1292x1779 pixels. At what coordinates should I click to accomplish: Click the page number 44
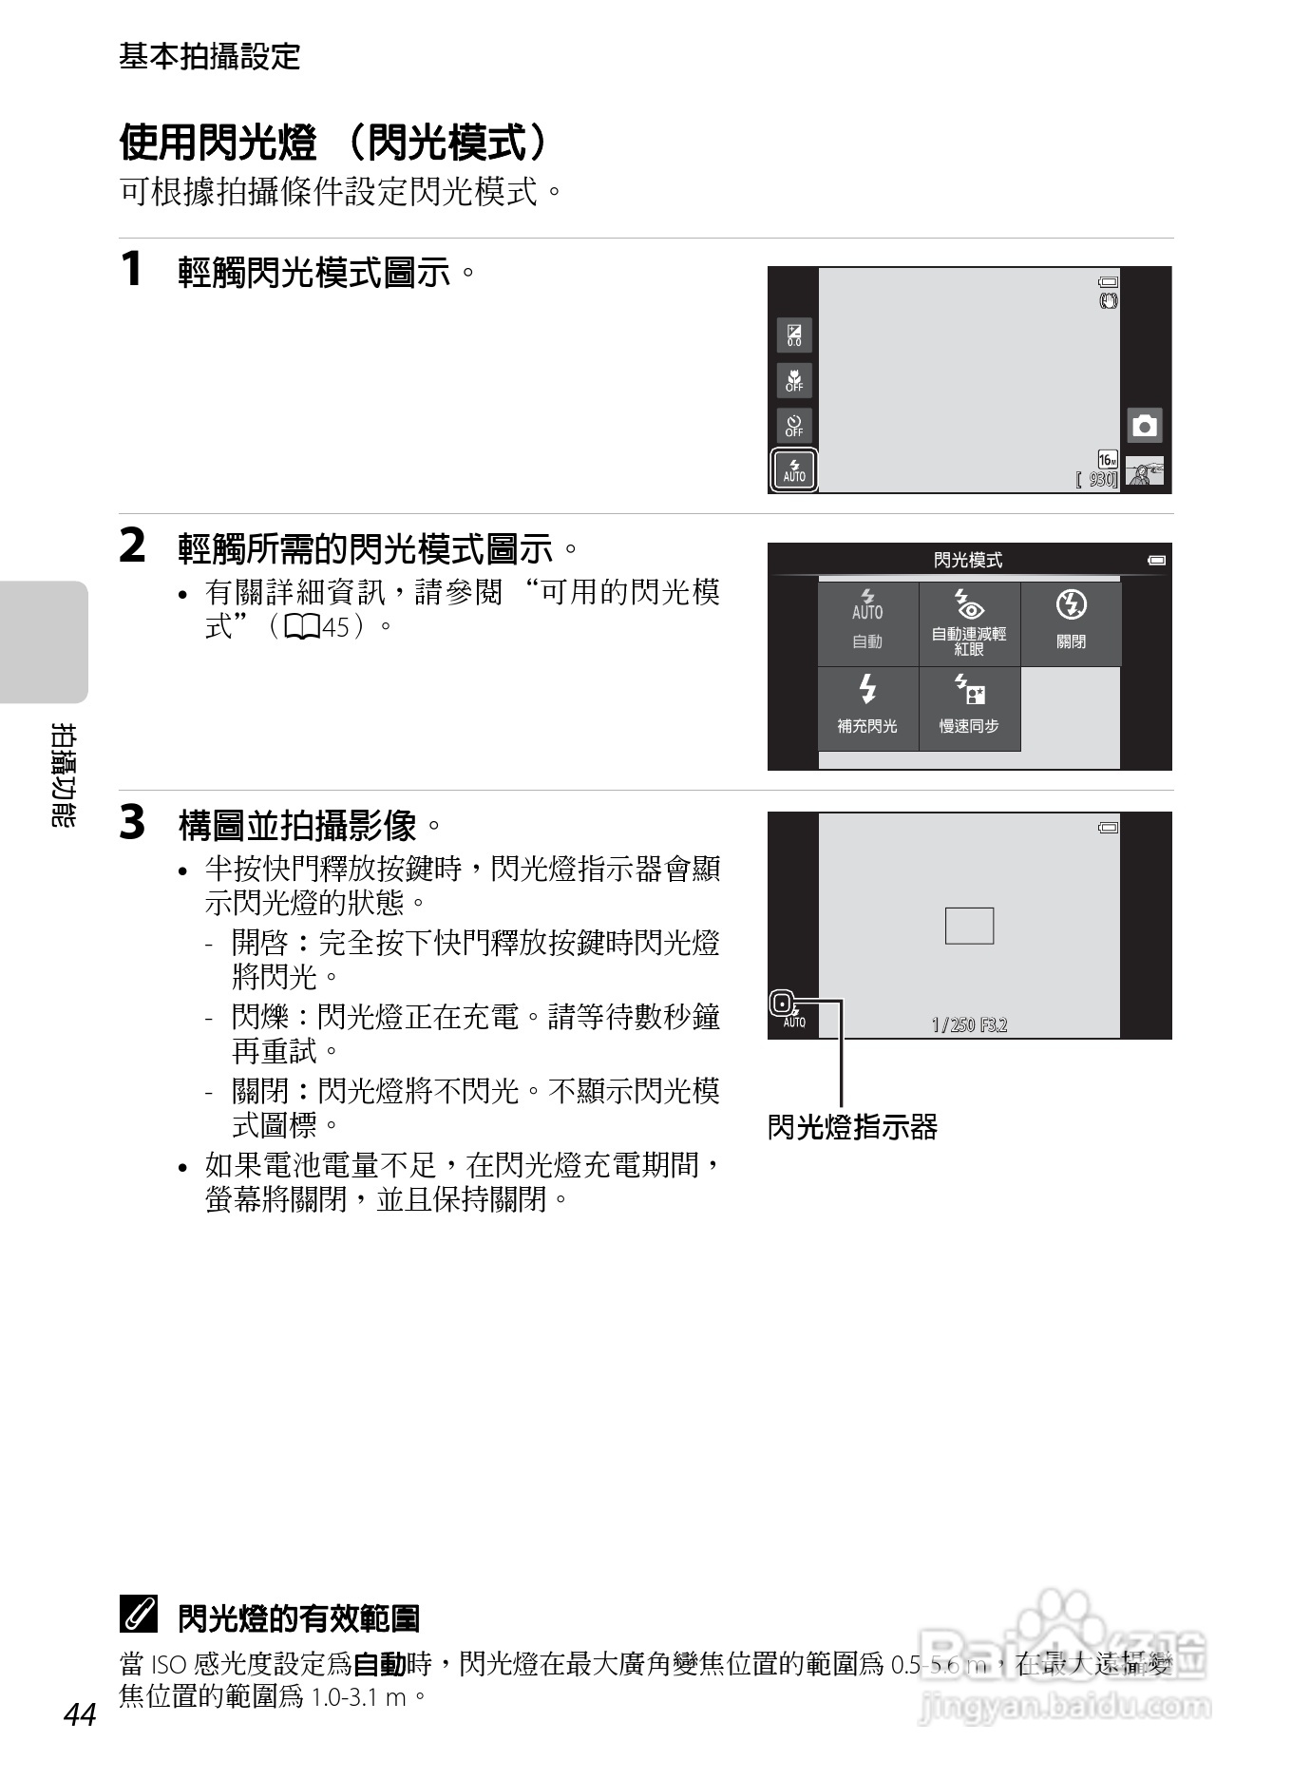pos(80,1715)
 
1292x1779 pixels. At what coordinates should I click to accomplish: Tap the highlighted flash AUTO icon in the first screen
pos(794,469)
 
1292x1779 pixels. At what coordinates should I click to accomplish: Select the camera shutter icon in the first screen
pos(1145,426)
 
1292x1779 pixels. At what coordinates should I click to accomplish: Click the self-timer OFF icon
pos(794,425)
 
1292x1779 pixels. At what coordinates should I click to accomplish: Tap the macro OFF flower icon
pos(794,380)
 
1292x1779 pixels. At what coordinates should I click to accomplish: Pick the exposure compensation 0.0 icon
pos(794,335)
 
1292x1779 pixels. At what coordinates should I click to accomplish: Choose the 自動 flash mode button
pos(867,623)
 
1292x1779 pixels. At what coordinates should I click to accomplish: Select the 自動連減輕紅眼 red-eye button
pos(969,623)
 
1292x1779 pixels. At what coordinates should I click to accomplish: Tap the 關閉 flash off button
pos(1071,623)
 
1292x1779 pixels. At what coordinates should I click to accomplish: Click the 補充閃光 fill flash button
pos(867,708)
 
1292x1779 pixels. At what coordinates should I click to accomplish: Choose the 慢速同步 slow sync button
pos(969,708)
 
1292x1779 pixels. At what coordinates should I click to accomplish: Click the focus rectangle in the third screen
pos(969,926)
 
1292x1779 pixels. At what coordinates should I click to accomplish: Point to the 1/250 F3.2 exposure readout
pos(969,1024)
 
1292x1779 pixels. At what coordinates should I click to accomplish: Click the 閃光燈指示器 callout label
pos(852,1127)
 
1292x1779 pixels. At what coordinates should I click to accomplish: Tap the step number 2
pos(133,546)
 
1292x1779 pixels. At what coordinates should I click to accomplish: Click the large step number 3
pos(133,823)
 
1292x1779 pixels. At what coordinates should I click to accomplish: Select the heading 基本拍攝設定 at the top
pos(209,57)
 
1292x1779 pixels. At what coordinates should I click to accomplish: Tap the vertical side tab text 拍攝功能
pos(63,775)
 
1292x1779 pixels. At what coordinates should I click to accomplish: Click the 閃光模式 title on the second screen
pos(967,560)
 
